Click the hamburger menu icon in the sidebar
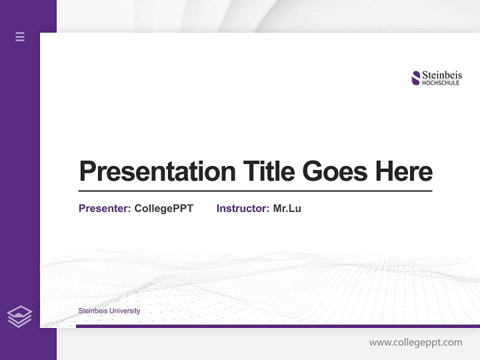click(20, 36)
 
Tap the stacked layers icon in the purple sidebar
click(19, 316)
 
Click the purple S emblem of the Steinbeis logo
click(415, 78)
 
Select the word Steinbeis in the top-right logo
click(442, 75)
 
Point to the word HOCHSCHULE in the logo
click(440, 83)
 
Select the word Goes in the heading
click(335, 171)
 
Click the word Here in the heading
click(404, 171)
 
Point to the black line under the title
click(255, 190)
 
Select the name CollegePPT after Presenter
click(163, 208)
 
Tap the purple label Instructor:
click(242, 208)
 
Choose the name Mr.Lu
click(287, 208)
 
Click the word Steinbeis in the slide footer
click(92, 311)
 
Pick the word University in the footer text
click(124, 311)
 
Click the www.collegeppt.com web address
click(415, 342)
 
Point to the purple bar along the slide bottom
click(277, 326)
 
